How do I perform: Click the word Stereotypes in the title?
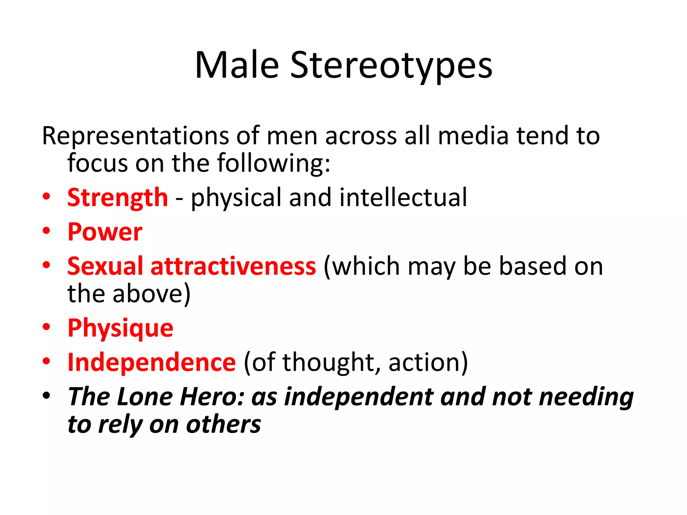tap(391, 65)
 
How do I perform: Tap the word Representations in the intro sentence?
tap(135, 136)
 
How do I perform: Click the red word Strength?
tap(117, 198)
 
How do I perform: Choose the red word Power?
tap(105, 232)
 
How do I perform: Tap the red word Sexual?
tap(105, 266)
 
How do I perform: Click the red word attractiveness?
tap(233, 266)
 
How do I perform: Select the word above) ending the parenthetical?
tap(151, 294)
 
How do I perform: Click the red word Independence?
tap(152, 362)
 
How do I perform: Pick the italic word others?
tap(223, 424)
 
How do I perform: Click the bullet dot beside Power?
tap(46, 231)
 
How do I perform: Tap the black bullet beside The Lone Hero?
tap(46, 396)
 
